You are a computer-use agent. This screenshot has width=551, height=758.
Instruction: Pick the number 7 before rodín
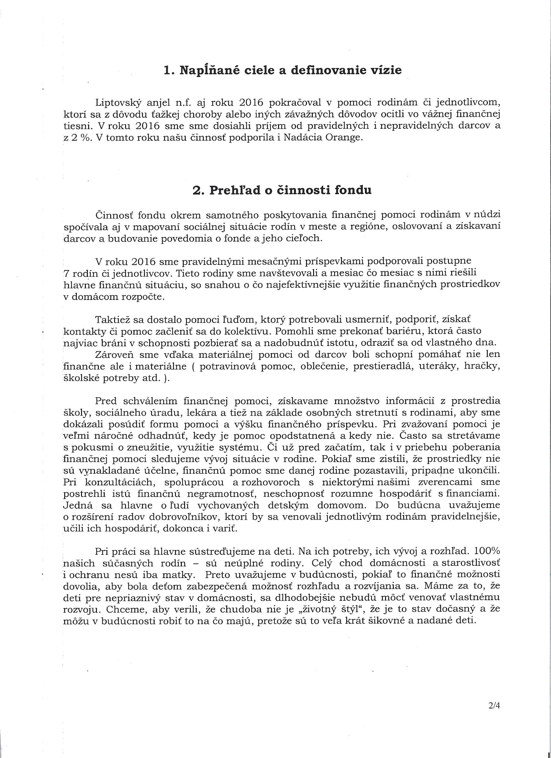pos(65,273)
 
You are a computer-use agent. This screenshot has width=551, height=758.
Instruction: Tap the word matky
pos(180,575)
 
